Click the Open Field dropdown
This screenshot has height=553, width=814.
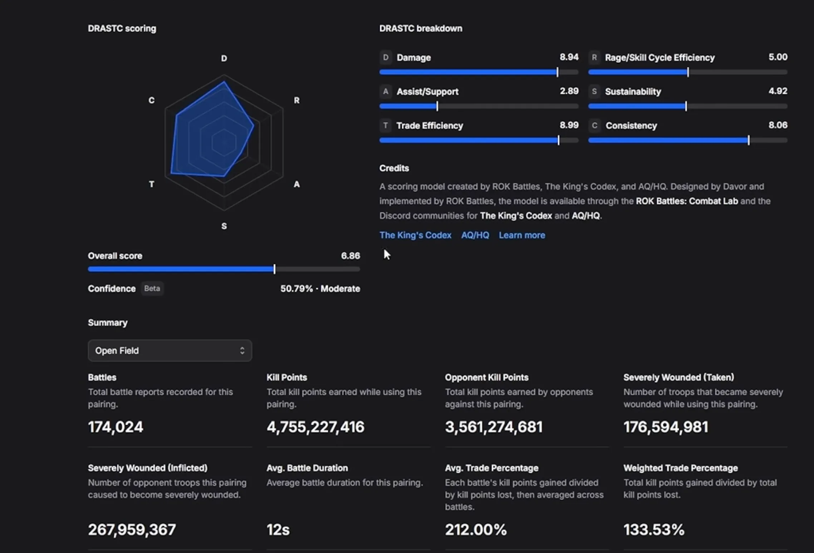[170, 350]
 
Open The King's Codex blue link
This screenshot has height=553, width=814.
[415, 235]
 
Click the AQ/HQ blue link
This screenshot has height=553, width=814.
[475, 235]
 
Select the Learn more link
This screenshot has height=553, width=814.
[522, 235]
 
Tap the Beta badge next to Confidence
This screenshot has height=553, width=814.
[152, 288]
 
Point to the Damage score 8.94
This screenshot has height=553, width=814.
[569, 57]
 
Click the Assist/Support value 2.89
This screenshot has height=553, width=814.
[569, 91]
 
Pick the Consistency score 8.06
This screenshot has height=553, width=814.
[778, 125]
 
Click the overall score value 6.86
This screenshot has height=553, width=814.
[350, 256]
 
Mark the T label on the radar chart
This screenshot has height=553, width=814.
[152, 184]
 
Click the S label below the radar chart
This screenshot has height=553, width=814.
[224, 226]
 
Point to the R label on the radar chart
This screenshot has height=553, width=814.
[296, 100]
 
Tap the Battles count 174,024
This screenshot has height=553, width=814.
[116, 427]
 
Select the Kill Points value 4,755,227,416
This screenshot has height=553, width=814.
[315, 427]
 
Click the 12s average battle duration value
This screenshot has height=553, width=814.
[278, 529]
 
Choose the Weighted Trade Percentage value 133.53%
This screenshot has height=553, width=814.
[654, 529]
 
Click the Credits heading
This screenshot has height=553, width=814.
[394, 168]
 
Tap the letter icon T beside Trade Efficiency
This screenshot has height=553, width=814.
[385, 125]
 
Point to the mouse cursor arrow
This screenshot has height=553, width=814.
[387, 254]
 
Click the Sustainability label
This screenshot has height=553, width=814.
[633, 92]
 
